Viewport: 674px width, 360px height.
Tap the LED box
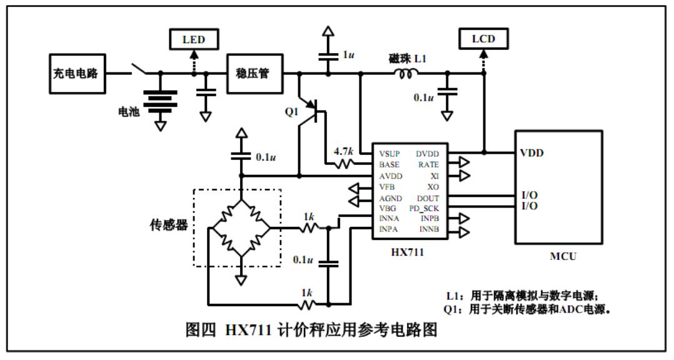point(193,40)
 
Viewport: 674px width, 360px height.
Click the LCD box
point(483,39)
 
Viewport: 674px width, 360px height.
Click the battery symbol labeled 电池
point(160,99)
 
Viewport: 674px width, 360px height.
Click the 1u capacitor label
point(349,55)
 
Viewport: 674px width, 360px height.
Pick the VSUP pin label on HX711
point(390,154)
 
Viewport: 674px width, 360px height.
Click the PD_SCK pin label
point(424,207)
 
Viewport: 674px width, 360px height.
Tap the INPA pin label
point(389,229)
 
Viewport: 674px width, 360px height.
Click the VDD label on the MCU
point(531,152)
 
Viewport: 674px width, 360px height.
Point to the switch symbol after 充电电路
point(140,69)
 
